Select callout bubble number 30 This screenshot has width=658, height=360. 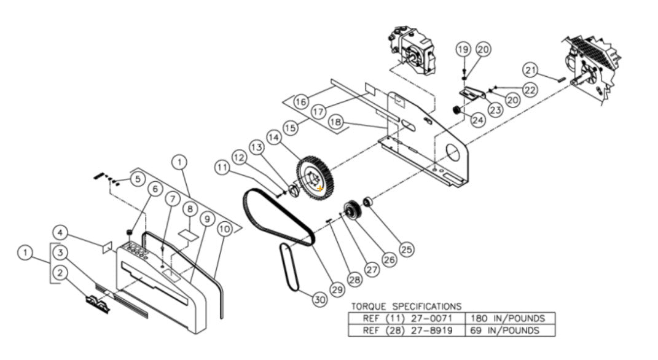coord(318,300)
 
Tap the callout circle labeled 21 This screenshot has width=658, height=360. coord(531,69)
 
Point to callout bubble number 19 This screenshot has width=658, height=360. coord(464,49)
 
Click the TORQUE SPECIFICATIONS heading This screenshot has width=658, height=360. coord(405,306)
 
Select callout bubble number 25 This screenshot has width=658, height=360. coord(405,249)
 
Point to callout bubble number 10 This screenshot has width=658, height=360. coord(224,230)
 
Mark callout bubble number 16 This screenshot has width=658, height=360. coord(300,101)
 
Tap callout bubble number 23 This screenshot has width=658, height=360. coord(495,109)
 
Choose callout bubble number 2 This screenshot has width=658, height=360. coord(60,275)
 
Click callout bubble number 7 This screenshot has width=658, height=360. coord(172,199)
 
